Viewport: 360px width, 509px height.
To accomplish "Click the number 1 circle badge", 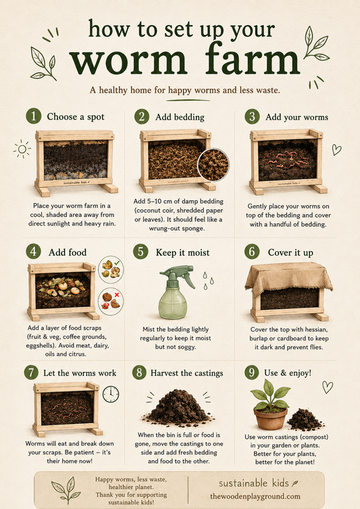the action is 34,116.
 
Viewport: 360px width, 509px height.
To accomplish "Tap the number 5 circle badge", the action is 140,252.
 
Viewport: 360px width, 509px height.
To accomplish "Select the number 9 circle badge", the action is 252,373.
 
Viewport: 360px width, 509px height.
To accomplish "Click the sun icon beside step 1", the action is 22,149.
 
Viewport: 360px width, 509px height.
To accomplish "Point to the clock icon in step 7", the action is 111,394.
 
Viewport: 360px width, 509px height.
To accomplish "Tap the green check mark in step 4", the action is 117,263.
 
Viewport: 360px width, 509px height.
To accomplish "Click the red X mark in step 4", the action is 117,295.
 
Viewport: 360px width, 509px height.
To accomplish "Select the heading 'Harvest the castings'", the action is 186,373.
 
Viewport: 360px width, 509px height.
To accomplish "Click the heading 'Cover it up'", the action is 290,252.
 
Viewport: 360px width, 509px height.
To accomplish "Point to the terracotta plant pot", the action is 271,419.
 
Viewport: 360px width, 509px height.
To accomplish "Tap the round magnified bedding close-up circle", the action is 213,165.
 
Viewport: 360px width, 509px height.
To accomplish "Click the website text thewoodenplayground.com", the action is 255,496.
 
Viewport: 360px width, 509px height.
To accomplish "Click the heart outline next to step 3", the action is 336,149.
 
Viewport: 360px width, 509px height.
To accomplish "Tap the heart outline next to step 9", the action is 328,387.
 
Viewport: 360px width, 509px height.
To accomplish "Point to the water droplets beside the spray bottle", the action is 208,280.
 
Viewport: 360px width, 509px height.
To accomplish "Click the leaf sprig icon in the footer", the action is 67,489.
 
